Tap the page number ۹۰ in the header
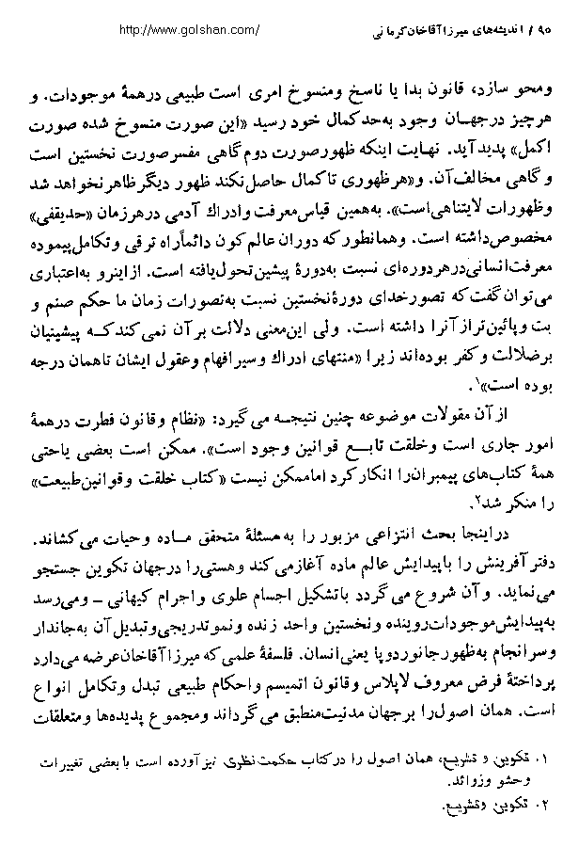(540, 30)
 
